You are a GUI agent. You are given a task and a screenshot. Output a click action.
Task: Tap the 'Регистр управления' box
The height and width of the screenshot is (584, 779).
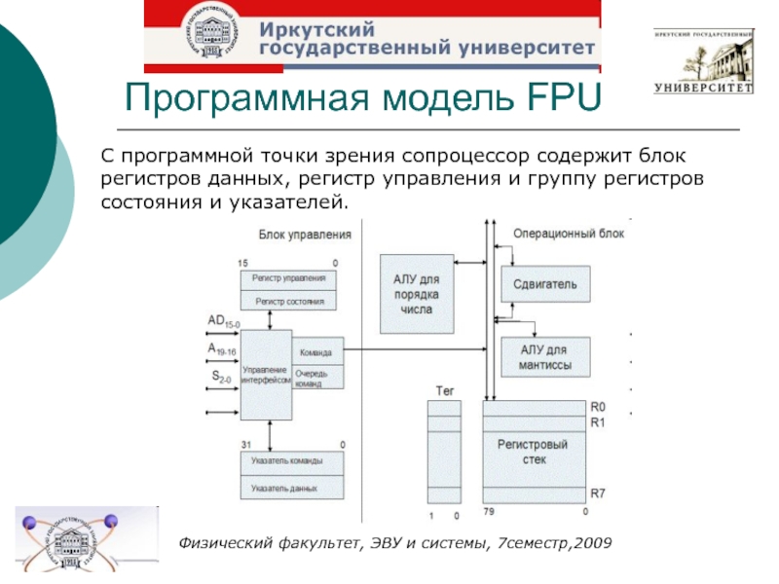[288, 279]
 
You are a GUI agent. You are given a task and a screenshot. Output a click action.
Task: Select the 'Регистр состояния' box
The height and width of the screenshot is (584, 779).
[288, 301]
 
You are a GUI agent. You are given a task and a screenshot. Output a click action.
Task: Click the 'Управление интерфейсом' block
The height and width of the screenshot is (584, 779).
[266, 375]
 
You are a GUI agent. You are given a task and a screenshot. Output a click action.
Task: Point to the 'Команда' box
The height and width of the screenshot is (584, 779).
[318, 352]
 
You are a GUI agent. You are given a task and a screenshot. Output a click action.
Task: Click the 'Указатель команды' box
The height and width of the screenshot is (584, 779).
[288, 460]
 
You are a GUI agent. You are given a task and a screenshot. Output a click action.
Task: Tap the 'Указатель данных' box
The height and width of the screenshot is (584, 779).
[288, 487]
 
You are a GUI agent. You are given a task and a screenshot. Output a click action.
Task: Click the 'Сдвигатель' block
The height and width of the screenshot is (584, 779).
[544, 284]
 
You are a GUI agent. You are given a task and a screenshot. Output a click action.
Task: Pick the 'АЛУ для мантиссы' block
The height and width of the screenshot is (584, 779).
[544, 358]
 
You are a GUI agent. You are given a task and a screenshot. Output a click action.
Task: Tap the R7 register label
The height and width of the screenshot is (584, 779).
[599, 493]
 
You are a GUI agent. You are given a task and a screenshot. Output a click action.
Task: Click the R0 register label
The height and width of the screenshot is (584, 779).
[599, 407]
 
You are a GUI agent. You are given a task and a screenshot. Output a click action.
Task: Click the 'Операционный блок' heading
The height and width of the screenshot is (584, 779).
[569, 234]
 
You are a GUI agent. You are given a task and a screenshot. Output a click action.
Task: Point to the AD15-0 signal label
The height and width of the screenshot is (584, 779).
[223, 321]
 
